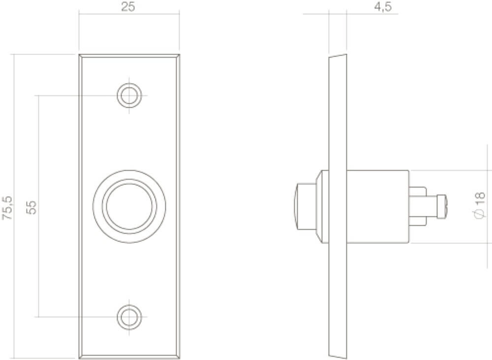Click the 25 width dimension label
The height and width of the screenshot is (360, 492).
tap(128, 7)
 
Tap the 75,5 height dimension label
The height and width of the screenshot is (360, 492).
tap(7, 208)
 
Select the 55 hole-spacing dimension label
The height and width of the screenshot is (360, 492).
tap(31, 207)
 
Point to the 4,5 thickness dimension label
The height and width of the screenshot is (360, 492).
tap(383, 7)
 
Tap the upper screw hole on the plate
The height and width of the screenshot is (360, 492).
tap(129, 95)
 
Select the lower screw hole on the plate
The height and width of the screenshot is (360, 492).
tap(129, 317)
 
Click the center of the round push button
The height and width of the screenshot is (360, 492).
tap(129, 207)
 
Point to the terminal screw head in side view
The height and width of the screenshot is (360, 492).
tap(441, 207)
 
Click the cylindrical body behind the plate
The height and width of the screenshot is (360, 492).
tap(377, 207)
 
